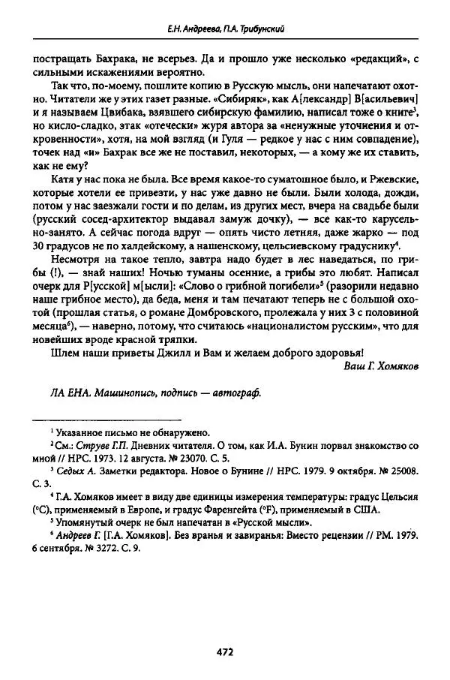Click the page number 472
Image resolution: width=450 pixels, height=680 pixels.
(224, 651)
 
